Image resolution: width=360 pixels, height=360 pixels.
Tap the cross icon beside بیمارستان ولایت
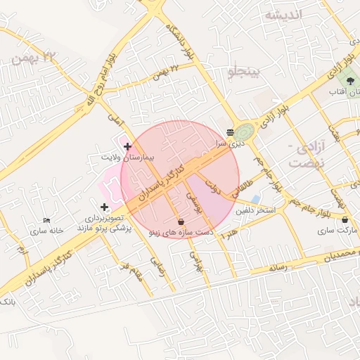pyautogui.click(x=127, y=146)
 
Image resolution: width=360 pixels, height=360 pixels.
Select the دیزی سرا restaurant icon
pyautogui.click(x=231, y=131)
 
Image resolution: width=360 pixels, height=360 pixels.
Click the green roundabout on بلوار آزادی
pyautogui.click(x=245, y=131)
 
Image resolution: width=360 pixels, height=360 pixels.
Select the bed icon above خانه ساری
pyautogui.click(x=46, y=221)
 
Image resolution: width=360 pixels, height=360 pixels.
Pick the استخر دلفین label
pyautogui.click(x=255, y=210)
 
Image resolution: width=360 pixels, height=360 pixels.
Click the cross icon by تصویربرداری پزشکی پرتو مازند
pyautogui.click(x=104, y=207)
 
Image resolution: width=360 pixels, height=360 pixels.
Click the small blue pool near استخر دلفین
pyautogui.click(x=255, y=199)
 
